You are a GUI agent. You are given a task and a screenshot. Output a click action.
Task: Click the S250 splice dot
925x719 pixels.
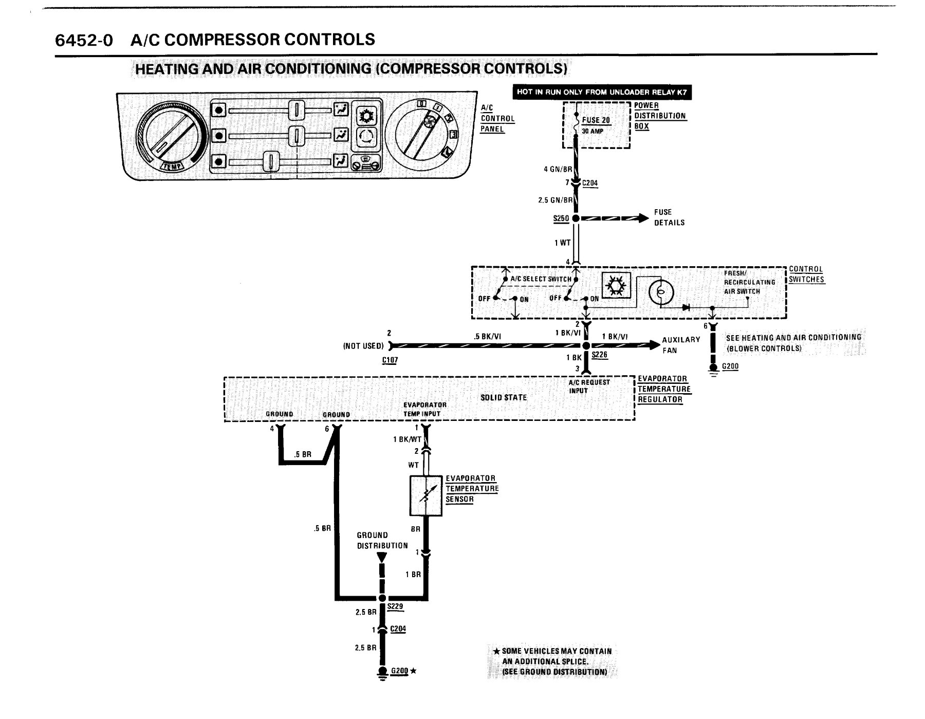coord(576,218)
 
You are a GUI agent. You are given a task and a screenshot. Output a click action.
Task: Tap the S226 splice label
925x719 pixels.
coord(599,355)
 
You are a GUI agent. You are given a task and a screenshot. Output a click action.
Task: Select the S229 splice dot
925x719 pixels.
coord(381,598)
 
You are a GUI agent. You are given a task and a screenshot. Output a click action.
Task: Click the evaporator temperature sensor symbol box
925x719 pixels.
coord(426,495)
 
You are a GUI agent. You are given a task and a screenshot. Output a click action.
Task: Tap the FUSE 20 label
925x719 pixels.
coord(596,120)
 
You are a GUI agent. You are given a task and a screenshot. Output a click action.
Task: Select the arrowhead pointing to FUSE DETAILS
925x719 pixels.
coord(643,218)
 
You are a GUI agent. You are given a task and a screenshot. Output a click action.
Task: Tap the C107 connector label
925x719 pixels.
coord(390,360)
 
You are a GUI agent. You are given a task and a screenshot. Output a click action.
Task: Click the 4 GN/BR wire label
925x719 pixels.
coord(558,169)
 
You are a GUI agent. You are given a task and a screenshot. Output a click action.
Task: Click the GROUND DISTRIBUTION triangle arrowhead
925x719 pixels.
coord(381,558)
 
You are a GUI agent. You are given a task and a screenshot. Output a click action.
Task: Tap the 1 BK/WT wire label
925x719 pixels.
coord(407,439)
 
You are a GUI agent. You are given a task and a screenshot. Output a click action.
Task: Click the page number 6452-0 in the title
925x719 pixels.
coord(84,40)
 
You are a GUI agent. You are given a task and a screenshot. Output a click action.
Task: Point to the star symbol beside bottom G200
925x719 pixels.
coord(413,671)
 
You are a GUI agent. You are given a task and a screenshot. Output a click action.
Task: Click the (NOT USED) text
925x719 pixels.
coord(363,346)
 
